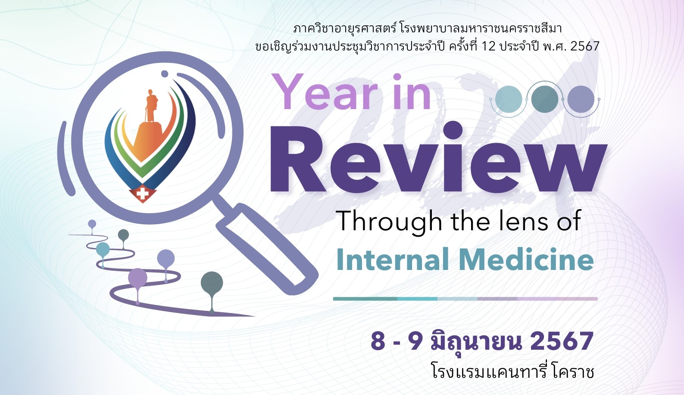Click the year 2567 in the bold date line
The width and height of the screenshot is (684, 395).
(562, 341)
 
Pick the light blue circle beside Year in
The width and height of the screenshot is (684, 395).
(509, 99)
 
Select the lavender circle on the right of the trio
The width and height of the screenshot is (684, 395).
(581, 99)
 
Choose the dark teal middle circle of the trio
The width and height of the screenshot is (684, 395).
(544, 99)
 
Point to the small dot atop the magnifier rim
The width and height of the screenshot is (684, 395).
(165, 74)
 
